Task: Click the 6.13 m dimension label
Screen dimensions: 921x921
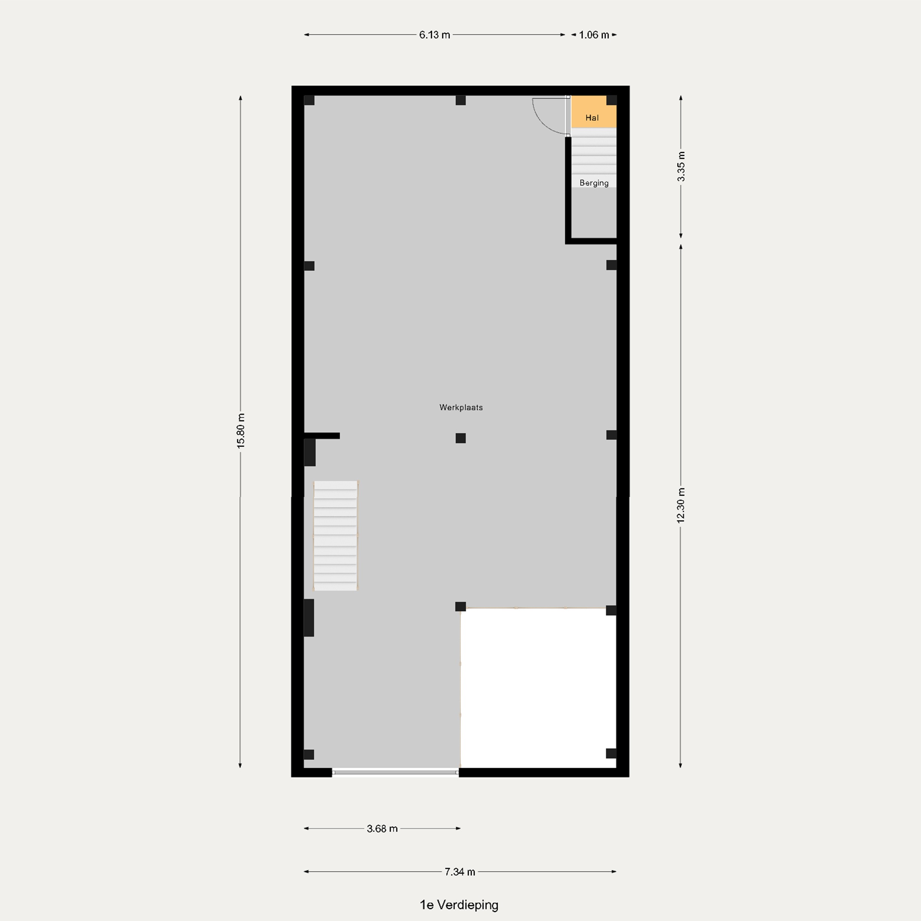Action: (434, 35)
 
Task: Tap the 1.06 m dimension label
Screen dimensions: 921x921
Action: (594, 35)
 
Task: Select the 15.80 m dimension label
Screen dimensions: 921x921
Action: (241, 430)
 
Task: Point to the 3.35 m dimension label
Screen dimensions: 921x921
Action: (681, 166)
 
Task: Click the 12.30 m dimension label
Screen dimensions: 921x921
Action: (681, 505)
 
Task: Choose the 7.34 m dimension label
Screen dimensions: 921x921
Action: (460, 872)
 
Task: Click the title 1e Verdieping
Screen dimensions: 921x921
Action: (459, 905)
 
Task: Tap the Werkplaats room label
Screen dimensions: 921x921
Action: (461, 408)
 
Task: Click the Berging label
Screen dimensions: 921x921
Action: (594, 183)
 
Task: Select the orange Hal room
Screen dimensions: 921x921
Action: (594, 112)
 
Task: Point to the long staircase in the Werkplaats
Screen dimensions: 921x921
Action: (335, 536)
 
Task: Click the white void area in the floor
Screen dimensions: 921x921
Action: (538, 688)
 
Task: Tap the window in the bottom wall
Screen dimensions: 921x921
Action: (395, 772)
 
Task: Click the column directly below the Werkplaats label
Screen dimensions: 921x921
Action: (461, 438)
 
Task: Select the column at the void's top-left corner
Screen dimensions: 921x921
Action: (461, 606)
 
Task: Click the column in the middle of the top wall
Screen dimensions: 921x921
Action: (461, 100)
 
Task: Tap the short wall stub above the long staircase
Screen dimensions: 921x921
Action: (322, 436)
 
